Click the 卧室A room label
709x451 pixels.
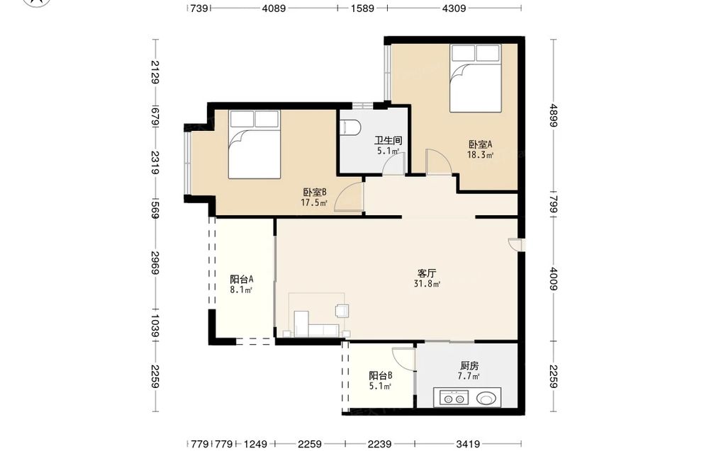click(x=480, y=145)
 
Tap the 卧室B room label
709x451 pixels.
click(x=315, y=193)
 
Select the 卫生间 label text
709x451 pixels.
click(x=388, y=141)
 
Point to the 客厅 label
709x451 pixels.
click(x=426, y=273)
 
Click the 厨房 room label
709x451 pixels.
click(x=469, y=365)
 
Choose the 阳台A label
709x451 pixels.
click(x=242, y=280)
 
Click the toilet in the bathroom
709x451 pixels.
click(x=350, y=127)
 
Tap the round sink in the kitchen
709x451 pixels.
click(x=486, y=399)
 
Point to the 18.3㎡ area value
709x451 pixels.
click(x=480, y=155)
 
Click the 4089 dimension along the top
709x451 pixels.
click(x=274, y=8)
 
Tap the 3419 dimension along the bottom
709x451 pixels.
click(x=467, y=444)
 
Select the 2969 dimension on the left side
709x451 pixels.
click(x=155, y=263)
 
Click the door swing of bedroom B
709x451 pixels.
click(x=349, y=197)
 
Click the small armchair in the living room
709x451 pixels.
click(x=342, y=311)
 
